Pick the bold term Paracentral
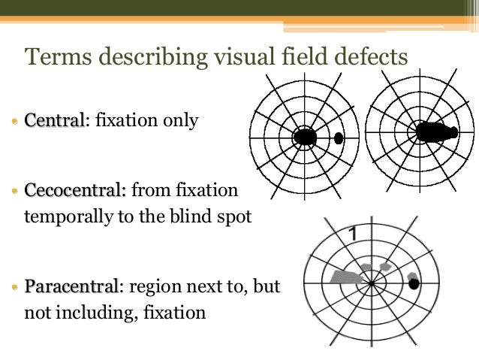70,287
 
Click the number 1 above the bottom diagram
351,235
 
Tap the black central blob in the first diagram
305,137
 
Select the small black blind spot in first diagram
339,138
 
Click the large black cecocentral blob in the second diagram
435,132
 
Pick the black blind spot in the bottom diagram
413,283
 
